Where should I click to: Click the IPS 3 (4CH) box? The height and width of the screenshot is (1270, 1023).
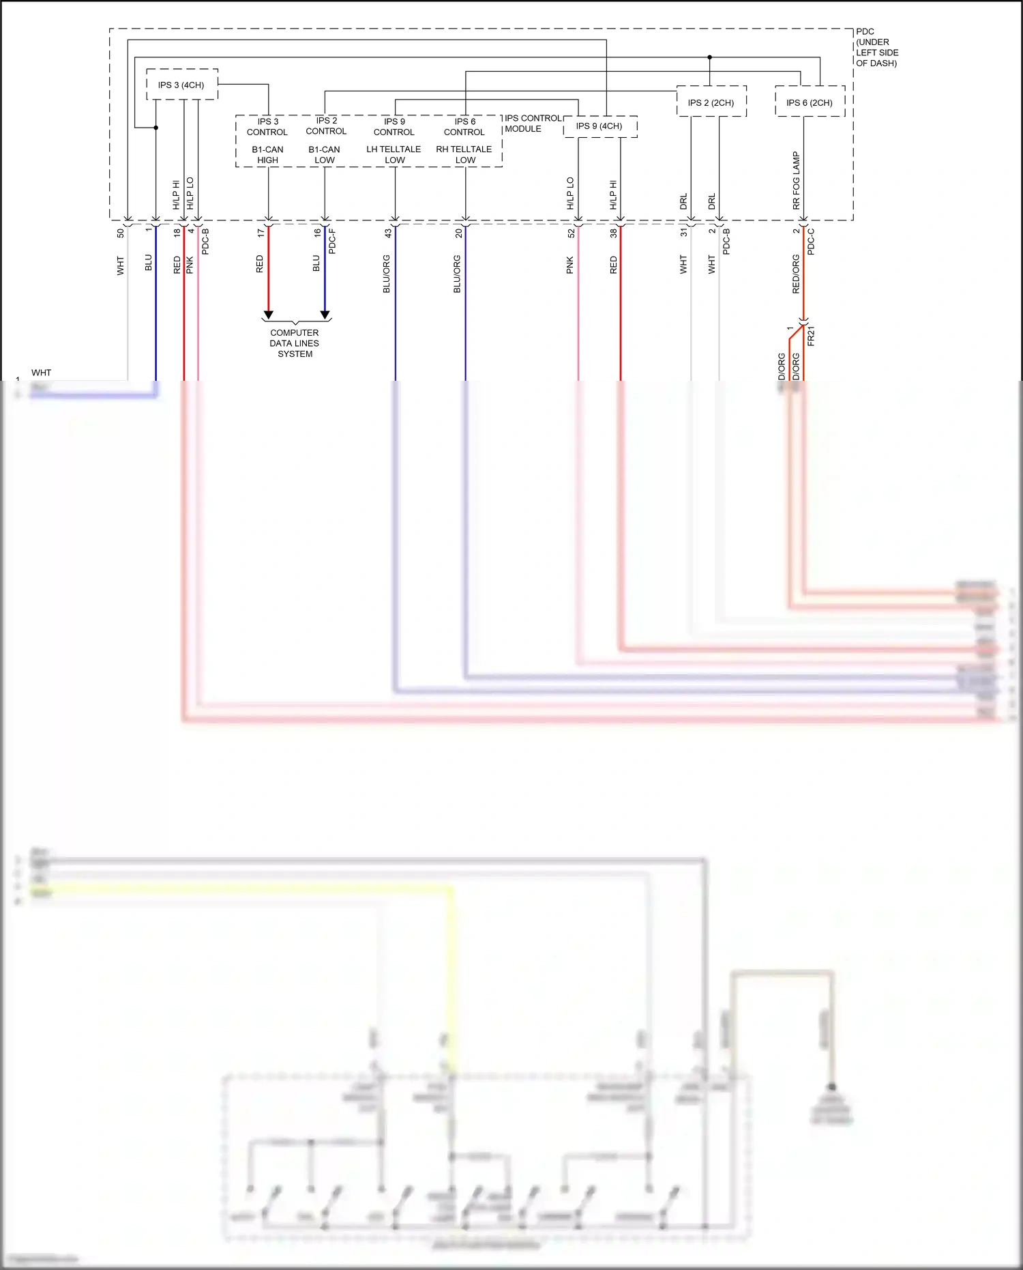click(x=181, y=85)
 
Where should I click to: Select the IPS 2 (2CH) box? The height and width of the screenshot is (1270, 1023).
click(x=711, y=102)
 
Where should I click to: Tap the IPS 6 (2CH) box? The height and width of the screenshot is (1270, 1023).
click(x=810, y=102)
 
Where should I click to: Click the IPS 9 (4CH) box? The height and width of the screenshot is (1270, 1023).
click(x=599, y=126)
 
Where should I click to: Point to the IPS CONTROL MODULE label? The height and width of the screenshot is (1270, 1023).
click(x=533, y=124)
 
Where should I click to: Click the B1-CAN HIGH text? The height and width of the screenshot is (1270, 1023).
click(x=268, y=155)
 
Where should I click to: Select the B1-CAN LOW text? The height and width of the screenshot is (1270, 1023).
click(x=325, y=155)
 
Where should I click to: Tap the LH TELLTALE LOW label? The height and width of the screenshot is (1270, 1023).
click(x=394, y=155)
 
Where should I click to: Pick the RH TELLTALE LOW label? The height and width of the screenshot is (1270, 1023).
click(x=464, y=155)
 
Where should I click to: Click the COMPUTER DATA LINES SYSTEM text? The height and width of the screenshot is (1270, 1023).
click(x=295, y=343)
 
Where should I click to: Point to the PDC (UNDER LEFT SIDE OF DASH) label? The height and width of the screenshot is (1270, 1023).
click(x=876, y=48)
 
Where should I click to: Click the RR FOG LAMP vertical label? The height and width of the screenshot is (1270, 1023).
click(x=796, y=180)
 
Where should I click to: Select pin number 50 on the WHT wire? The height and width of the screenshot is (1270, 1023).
click(x=121, y=233)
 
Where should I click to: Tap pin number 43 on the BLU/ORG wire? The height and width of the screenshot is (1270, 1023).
click(x=388, y=233)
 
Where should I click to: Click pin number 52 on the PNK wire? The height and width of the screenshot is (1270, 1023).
click(x=571, y=233)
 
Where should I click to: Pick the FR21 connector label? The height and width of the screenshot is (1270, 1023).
click(x=811, y=336)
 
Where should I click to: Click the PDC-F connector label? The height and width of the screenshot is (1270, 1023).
click(x=332, y=242)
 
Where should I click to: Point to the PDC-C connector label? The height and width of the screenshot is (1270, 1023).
click(x=811, y=242)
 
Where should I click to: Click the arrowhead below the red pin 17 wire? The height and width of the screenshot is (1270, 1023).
click(x=269, y=315)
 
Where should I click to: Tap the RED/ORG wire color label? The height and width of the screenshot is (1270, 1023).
click(x=796, y=274)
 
